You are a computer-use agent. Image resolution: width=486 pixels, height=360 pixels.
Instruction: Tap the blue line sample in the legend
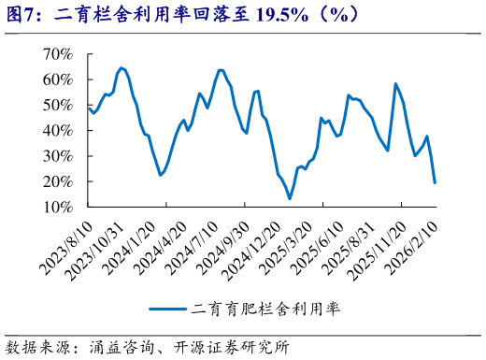(167, 309)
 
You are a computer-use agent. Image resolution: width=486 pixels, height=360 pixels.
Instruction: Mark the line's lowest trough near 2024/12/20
(290, 198)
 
